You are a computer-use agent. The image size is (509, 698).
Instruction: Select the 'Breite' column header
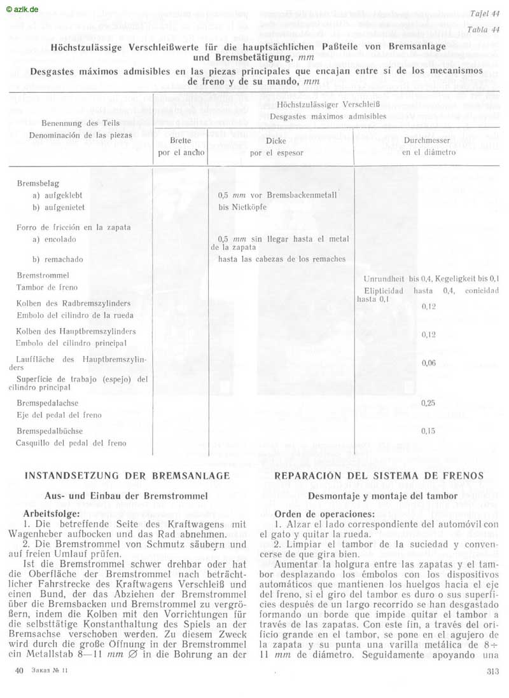(181, 140)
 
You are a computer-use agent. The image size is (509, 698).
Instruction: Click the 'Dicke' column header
(275, 141)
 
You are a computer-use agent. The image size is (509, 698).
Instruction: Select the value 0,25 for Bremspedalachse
(428, 403)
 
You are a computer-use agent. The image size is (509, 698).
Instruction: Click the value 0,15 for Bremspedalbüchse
(428, 431)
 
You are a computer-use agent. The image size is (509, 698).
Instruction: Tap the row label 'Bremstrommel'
(43, 276)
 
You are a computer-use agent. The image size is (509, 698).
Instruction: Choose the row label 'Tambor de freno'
(47, 287)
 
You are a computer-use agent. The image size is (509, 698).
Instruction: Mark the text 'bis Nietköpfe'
(244, 207)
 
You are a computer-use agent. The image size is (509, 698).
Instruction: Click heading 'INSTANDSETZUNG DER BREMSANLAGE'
(127, 476)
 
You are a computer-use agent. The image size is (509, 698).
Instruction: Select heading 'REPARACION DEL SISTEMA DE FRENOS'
(379, 476)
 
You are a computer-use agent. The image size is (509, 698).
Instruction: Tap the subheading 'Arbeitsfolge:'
(52, 512)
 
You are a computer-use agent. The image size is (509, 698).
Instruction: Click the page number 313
(492, 671)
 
